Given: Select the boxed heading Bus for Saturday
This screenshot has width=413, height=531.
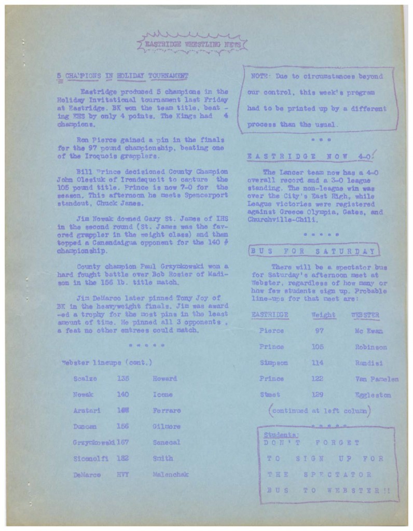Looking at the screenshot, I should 313,251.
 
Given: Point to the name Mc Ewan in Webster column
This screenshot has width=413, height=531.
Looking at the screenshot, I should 368,331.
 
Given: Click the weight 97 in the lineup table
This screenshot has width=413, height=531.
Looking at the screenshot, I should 320,331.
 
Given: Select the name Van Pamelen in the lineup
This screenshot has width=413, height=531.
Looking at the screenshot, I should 377,379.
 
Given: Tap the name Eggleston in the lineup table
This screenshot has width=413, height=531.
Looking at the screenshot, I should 373,395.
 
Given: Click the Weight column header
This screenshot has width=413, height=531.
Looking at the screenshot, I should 323,315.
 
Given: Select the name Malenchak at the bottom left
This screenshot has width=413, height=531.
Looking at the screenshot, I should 171,474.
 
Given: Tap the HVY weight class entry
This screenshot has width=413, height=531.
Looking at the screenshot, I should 122,474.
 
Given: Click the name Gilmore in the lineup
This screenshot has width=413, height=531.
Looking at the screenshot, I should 167,426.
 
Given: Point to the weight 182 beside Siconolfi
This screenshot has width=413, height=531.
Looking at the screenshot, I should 122,458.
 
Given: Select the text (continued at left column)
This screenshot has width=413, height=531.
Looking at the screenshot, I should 320,411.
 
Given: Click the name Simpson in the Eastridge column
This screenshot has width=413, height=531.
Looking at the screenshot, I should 273,363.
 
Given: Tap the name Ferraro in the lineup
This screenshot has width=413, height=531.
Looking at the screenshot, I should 167,410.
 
